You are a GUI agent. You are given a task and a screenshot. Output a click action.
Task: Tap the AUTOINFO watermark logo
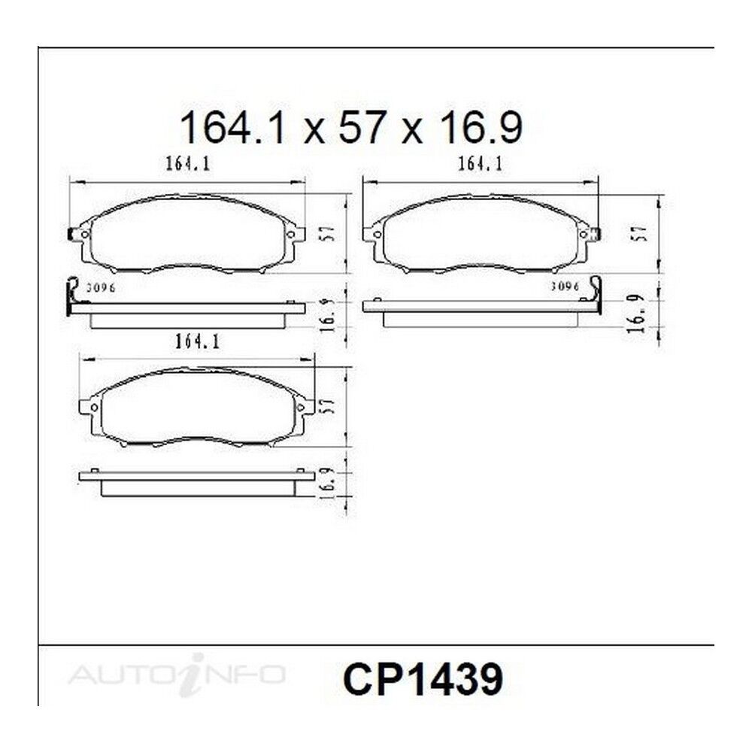(x=177, y=675)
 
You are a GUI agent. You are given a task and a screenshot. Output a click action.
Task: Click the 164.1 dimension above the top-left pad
(x=188, y=164)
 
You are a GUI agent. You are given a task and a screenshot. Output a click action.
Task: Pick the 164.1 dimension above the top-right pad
(x=480, y=164)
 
